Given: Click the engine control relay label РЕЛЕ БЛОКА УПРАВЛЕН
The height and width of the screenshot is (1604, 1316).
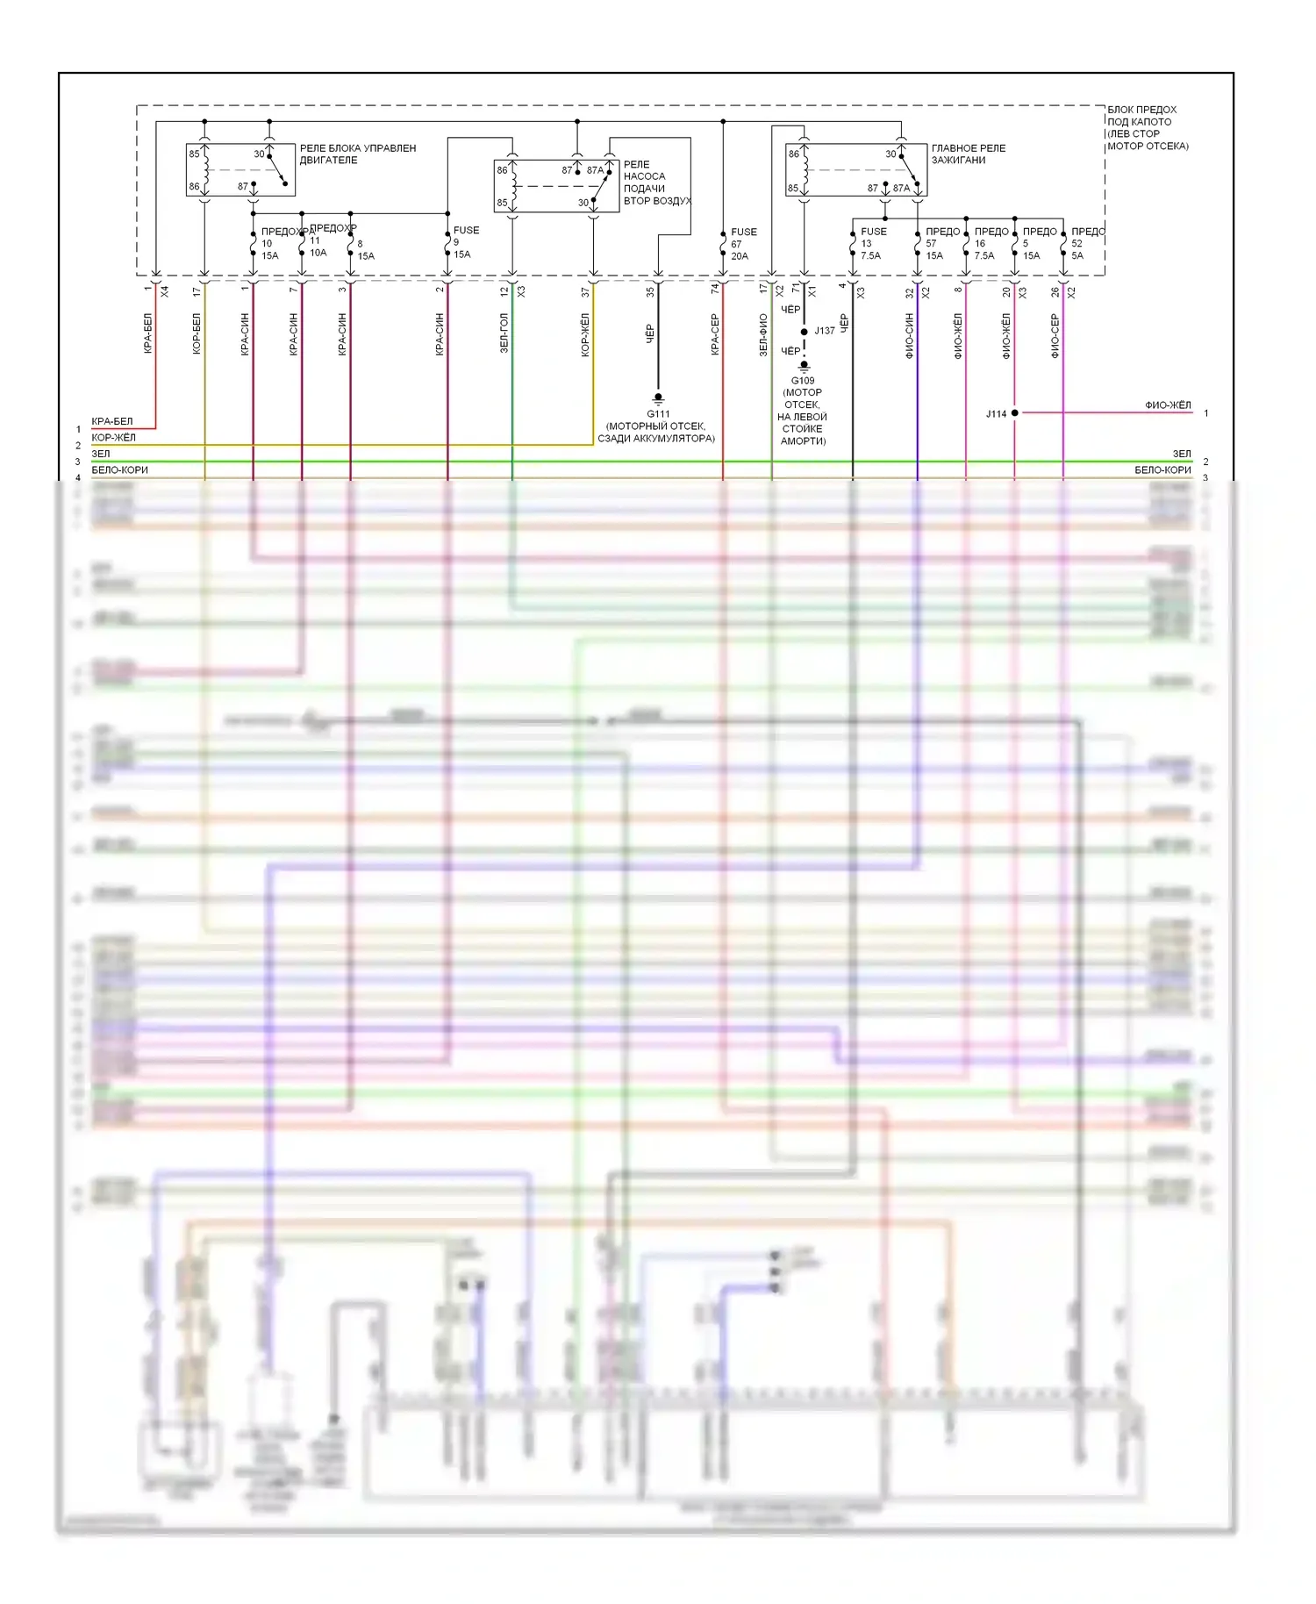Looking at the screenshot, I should coord(357,154).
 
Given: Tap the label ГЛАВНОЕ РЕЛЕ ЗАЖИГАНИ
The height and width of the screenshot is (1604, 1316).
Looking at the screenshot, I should coord(968,154).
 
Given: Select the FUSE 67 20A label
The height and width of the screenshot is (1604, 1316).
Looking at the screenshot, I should coord(742,244).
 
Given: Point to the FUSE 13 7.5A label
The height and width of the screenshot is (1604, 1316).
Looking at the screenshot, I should coord(872,244).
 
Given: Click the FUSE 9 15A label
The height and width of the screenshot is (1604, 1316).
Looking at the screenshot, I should coord(465,242).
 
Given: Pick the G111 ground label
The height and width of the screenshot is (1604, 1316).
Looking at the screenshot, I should coord(658,413).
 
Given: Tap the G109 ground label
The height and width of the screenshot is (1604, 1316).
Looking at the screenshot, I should coord(803,381).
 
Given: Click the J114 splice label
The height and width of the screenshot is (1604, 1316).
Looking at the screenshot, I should coord(996,413).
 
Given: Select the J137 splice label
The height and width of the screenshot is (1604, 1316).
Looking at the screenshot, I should coord(825,331).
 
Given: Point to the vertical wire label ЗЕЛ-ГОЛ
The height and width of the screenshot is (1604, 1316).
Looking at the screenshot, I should coord(504,333).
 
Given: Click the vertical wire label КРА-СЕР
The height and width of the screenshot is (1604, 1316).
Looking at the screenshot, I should coord(715,334).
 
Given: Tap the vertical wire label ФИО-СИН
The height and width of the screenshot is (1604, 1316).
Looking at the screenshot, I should coord(909,336).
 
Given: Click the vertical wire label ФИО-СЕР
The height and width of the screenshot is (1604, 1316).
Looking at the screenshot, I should coord(1055,336).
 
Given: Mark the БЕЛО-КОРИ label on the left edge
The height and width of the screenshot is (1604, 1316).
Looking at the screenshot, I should coord(119,470).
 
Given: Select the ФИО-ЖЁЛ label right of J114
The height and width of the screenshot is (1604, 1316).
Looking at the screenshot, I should coord(1168,405).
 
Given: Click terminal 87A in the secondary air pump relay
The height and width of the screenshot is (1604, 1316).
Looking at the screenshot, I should coord(594,170).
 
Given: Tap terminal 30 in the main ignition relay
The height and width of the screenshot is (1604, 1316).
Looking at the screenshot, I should coord(890,154).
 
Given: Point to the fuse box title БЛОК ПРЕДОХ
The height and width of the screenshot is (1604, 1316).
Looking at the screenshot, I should coord(1141,110).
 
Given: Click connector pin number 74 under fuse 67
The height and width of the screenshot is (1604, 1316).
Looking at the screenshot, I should coord(715,288).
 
